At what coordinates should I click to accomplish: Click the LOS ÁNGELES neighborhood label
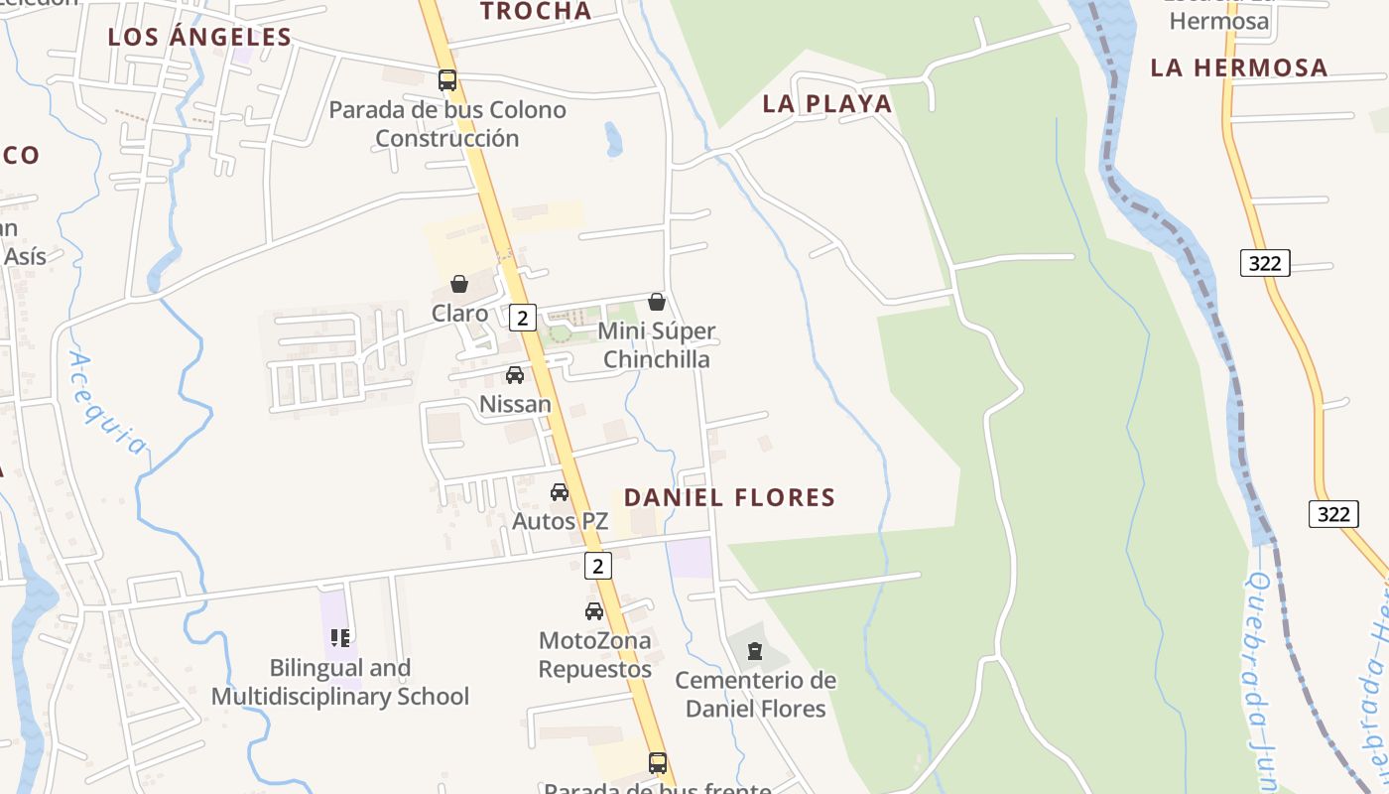tap(199, 38)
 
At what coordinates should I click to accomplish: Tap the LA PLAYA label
tap(827, 103)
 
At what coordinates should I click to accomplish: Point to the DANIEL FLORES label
tap(729, 497)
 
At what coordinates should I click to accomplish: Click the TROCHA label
tap(536, 12)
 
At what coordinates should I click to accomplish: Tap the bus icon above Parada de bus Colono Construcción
tap(447, 80)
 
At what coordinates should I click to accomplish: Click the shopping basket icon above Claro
tap(459, 285)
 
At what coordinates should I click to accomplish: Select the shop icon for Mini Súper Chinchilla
tap(657, 302)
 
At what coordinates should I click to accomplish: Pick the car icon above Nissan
tap(515, 375)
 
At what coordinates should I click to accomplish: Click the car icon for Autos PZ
tap(560, 491)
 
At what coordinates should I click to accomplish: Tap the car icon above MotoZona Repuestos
tap(594, 611)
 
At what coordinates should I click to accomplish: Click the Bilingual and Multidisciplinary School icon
tap(340, 638)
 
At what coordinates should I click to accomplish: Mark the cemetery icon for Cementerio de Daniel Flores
tap(755, 651)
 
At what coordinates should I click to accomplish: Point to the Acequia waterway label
tap(107, 403)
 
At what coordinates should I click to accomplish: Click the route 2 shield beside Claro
tap(523, 318)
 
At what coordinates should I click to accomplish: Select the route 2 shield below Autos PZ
tap(597, 566)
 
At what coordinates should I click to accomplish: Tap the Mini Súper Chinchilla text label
tap(656, 345)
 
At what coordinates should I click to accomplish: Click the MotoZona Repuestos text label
tap(594, 655)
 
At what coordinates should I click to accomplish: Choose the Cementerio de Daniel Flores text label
tap(755, 695)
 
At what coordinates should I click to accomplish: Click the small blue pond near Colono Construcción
tap(613, 139)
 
